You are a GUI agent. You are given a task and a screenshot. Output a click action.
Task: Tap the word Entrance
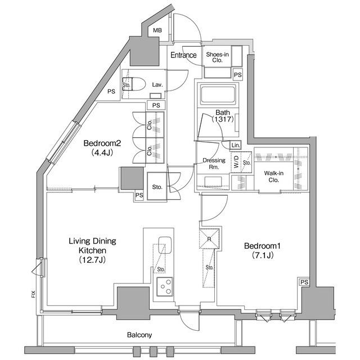point(183,55)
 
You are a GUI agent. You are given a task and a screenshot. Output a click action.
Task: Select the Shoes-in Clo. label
point(218,58)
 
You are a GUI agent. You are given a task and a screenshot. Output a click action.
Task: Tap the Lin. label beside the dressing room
point(235,146)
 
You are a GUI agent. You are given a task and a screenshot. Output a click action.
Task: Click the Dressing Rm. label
point(214,164)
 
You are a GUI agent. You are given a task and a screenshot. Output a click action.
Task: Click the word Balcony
point(139,335)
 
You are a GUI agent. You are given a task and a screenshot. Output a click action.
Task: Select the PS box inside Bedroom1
point(304,282)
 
